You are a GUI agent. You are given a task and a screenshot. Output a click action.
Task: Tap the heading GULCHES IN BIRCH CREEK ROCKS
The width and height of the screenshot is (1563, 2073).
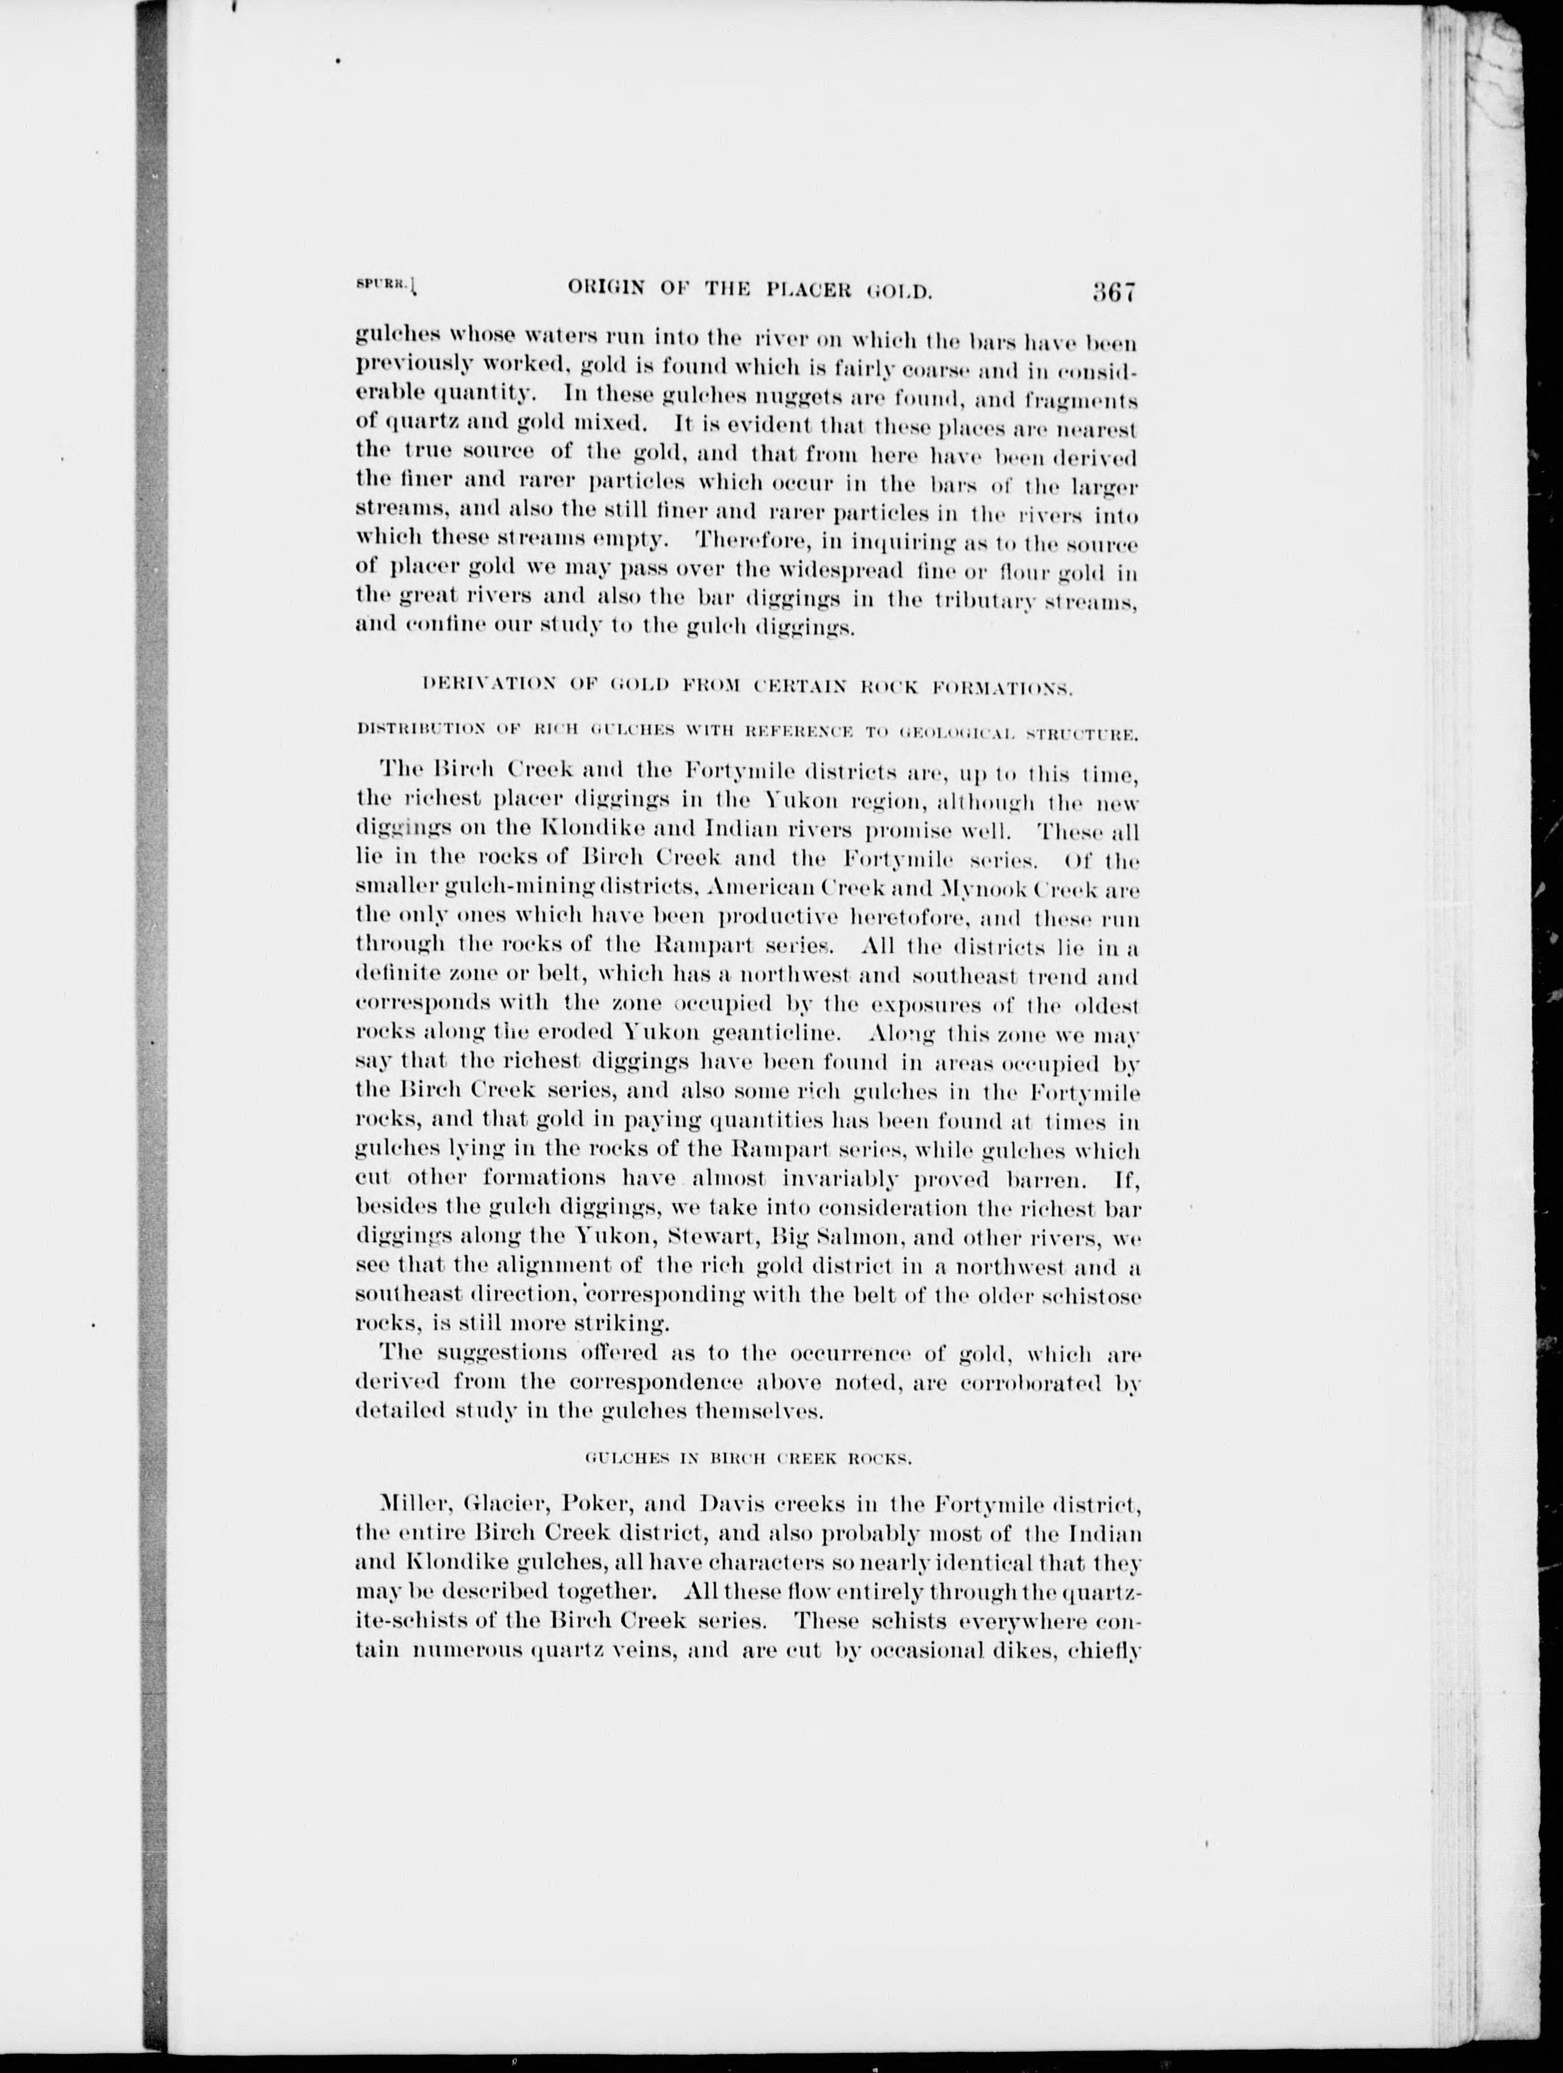pos(747,1458)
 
